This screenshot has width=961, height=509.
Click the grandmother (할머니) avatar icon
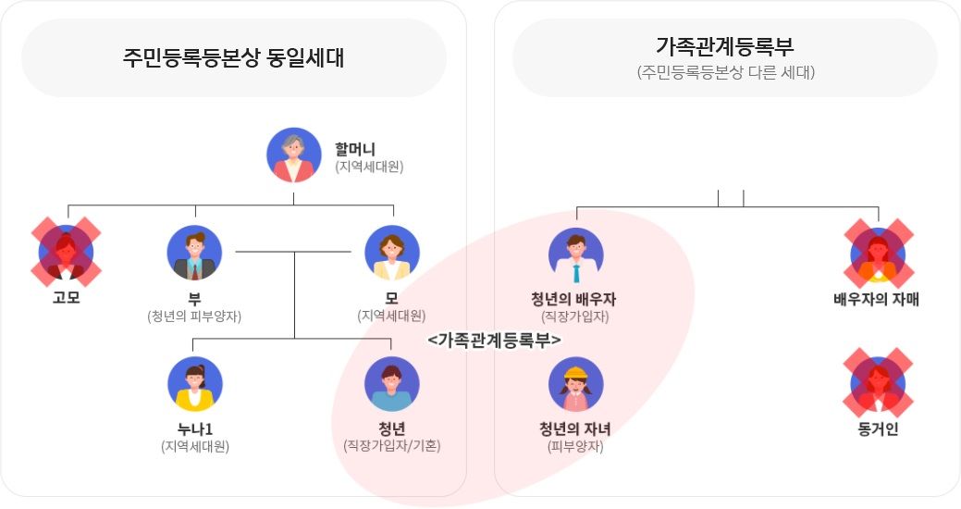(x=294, y=155)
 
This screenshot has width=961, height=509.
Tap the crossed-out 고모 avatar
(x=66, y=251)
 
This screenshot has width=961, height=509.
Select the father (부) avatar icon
(x=194, y=253)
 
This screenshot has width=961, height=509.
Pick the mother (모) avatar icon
(x=392, y=253)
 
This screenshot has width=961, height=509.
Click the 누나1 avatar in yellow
(x=195, y=384)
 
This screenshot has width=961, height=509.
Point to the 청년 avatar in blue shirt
(x=392, y=384)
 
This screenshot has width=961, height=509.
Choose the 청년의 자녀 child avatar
(x=575, y=384)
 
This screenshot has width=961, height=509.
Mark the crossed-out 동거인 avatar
(x=878, y=384)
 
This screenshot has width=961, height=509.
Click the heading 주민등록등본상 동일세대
(x=233, y=57)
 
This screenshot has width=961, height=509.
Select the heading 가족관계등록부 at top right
(x=724, y=45)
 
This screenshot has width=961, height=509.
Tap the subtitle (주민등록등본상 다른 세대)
(x=725, y=71)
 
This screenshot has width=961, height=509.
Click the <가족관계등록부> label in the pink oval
(x=495, y=341)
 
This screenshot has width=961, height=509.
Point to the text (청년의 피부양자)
(x=194, y=316)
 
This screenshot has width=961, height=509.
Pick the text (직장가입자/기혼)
(x=392, y=445)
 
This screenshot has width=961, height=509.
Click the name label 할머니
(x=355, y=148)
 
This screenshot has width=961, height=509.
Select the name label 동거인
(x=878, y=428)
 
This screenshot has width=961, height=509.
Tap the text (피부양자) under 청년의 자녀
(x=575, y=445)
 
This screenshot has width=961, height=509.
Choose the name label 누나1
(x=194, y=428)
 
